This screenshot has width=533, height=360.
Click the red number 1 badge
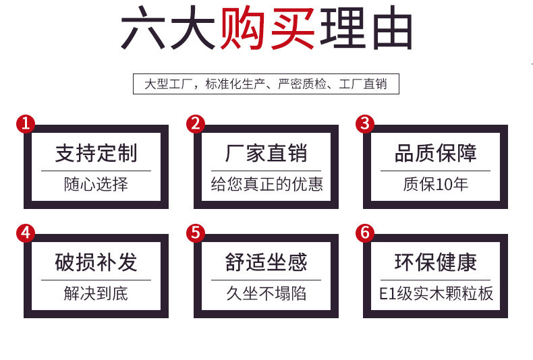25,123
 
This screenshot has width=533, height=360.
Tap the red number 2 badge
195,123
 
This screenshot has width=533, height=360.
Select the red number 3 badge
365,123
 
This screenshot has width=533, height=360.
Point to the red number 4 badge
25,233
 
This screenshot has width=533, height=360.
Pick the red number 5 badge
195,233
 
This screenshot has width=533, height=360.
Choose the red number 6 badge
365,233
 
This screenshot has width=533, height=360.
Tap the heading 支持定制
96,154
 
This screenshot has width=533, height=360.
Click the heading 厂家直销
266,154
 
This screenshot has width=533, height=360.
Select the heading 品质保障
436,154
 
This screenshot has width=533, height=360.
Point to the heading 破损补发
96,262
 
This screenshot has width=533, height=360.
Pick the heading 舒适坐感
266,262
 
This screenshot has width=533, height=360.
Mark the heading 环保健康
436,262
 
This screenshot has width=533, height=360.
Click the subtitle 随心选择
96,183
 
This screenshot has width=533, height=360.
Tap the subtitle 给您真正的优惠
266,183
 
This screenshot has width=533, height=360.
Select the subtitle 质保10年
436,183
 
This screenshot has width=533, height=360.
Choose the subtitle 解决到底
96,293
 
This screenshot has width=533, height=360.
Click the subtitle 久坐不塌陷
266,293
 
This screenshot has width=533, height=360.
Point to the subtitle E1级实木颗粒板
436,293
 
